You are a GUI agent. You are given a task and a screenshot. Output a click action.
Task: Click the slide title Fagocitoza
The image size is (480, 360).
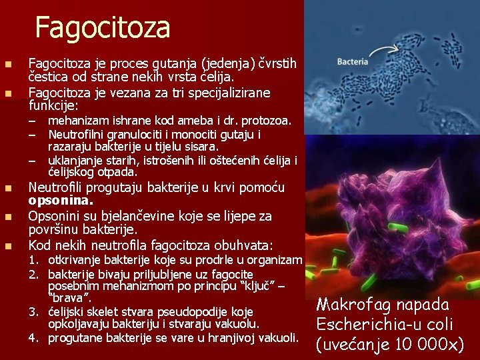[x=103, y=28]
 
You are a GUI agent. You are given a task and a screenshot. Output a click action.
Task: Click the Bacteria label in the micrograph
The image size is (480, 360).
[x=353, y=62]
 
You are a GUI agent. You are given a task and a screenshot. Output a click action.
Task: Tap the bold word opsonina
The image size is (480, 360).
[x=61, y=200]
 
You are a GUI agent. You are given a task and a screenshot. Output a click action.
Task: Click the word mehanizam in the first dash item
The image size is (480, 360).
[x=77, y=121]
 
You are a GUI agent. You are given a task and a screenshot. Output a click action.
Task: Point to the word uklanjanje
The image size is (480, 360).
[x=75, y=160]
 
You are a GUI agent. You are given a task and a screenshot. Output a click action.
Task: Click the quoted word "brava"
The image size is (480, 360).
[x=69, y=297]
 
